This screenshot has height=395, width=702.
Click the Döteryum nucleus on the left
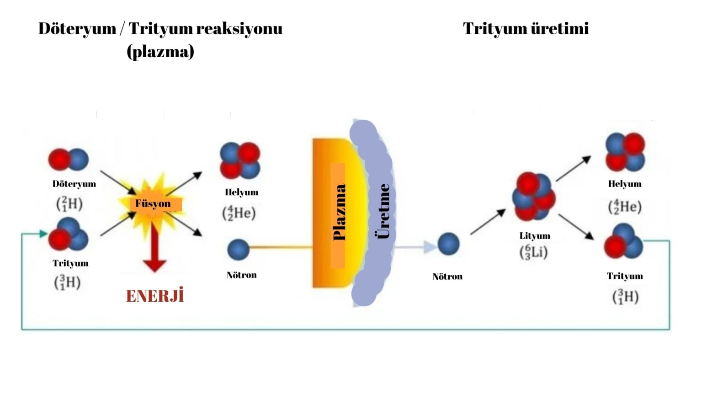click(69, 160)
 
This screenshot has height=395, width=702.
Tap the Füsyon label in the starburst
click(153, 203)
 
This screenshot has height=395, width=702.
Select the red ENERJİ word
click(155, 296)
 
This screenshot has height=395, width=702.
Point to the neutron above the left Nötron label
click(238, 250)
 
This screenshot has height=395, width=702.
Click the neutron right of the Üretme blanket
click(448, 244)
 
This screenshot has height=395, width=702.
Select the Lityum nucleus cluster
click(533, 197)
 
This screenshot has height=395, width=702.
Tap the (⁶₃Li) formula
click(533, 252)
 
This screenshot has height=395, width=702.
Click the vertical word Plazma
click(339, 212)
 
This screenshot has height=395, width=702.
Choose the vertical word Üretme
click(383, 211)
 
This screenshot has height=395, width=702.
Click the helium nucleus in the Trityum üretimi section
click(625, 152)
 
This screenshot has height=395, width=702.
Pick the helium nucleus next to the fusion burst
click(240, 160)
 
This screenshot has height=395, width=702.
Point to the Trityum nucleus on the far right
click(623, 242)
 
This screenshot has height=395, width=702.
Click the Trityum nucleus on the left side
click(69, 235)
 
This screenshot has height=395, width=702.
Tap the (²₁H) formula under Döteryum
click(69, 203)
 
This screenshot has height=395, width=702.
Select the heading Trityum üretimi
click(526, 28)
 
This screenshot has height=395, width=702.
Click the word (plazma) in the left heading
click(160, 51)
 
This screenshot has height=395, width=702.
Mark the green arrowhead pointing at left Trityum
click(44, 234)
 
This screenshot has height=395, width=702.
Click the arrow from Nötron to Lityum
click(488, 222)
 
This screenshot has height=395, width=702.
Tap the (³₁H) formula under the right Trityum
click(625, 296)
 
